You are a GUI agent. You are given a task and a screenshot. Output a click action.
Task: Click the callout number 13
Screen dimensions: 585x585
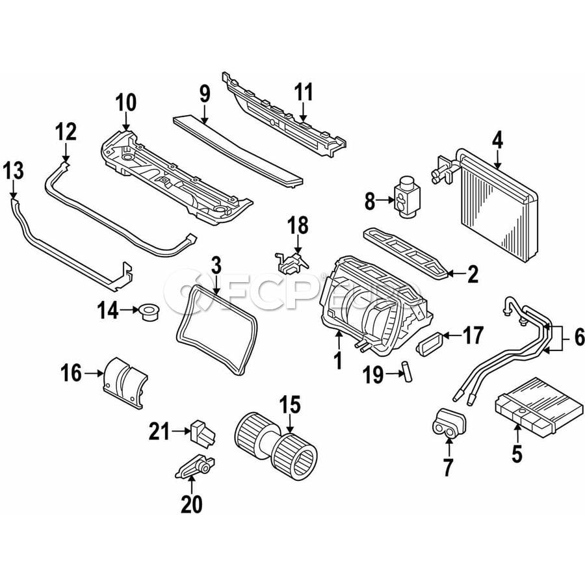pos(14,171)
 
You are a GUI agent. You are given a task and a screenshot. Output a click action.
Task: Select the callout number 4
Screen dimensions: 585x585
pos(498,141)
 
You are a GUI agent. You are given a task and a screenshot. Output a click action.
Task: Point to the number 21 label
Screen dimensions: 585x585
pos(160,432)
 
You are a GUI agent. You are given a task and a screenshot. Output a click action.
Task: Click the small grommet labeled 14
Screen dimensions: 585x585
pos(149,311)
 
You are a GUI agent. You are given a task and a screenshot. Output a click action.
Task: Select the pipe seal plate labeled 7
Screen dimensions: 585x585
pos(449,422)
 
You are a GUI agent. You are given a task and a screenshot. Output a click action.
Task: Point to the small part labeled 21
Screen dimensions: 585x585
pos(203,432)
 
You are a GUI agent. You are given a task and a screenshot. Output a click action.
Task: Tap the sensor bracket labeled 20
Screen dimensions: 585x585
pos(194,466)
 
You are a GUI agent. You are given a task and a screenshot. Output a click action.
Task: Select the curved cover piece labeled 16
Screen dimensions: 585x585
pos(124,383)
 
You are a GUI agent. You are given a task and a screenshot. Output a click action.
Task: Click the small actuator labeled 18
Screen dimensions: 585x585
pos(291,262)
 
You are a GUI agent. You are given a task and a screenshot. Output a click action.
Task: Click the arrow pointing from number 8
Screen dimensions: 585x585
pos(385,200)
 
